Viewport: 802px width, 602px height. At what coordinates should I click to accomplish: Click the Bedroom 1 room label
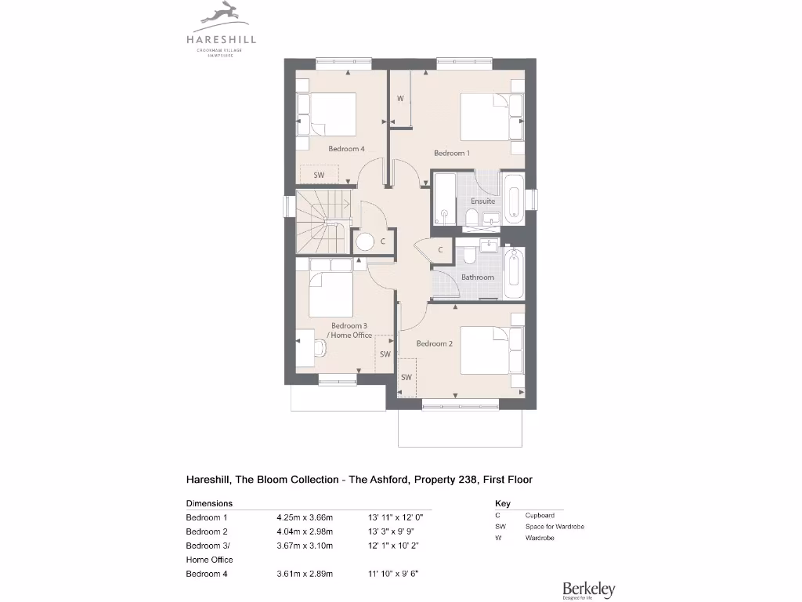click(452, 153)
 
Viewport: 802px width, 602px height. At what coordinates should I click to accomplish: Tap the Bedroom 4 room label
click(346, 149)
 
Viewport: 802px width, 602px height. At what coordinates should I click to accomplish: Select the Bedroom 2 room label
click(434, 343)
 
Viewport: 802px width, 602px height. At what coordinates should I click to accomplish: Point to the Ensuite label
click(482, 201)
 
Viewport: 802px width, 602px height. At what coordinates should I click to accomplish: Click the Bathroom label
click(477, 277)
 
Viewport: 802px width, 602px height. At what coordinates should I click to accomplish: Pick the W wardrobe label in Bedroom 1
click(400, 99)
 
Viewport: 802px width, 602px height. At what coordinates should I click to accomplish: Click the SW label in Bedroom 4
click(319, 175)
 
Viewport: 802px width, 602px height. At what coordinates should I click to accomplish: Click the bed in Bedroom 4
click(327, 114)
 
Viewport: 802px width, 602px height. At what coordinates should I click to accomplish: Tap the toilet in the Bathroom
click(470, 256)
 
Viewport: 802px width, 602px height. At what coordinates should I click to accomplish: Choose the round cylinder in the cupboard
click(365, 241)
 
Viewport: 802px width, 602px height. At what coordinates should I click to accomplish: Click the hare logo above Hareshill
click(221, 13)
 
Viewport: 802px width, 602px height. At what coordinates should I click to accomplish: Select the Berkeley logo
click(588, 589)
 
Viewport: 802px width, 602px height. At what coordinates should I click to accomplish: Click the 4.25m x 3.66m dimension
click(305, 517)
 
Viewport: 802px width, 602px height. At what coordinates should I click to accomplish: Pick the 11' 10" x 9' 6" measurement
click(393, 574)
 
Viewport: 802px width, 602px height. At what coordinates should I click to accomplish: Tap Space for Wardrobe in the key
click(555, 527)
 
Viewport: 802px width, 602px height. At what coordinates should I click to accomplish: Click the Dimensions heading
click(209, 503)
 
